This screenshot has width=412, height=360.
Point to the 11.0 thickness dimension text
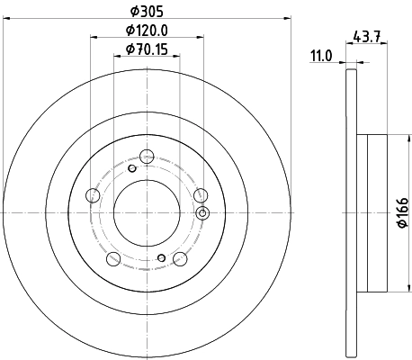click(322, 56)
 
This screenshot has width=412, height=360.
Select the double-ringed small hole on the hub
click(202, 213)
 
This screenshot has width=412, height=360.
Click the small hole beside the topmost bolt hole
click(131, 167)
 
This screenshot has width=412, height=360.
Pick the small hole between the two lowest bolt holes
click(161, 259)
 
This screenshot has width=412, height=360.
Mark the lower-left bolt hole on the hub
click(113, 259)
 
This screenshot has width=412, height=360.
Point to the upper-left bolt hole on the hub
click(93, 195)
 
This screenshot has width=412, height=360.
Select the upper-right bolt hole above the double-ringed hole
click(199, 195)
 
